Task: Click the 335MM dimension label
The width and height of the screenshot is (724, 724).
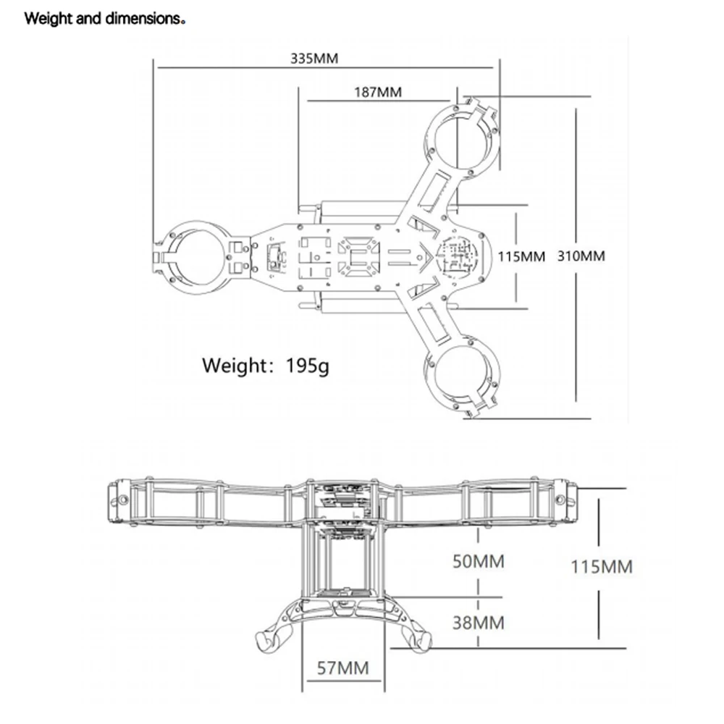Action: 314,59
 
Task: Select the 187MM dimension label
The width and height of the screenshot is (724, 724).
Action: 377,92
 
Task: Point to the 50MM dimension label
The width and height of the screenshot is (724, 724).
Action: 479,561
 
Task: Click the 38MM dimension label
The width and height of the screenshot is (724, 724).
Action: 479,621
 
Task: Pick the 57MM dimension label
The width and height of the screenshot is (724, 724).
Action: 343,667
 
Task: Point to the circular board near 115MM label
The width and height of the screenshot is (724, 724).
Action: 458,256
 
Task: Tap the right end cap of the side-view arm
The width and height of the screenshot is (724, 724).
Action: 569,501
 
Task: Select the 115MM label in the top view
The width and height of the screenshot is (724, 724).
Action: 522,256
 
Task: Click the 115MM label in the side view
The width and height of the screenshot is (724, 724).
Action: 602,566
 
